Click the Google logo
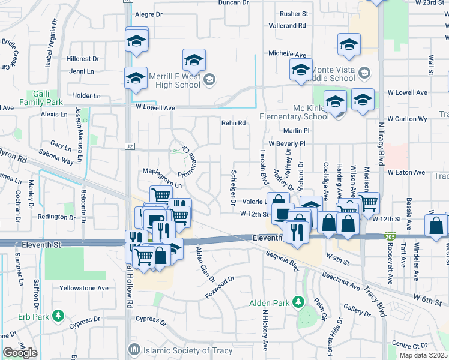[20, 352]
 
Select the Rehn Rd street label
[234, 123]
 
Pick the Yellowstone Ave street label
[83, 288]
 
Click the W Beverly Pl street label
[287, 144]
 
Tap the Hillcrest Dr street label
[83, 59]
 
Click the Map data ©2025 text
[423, 355]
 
